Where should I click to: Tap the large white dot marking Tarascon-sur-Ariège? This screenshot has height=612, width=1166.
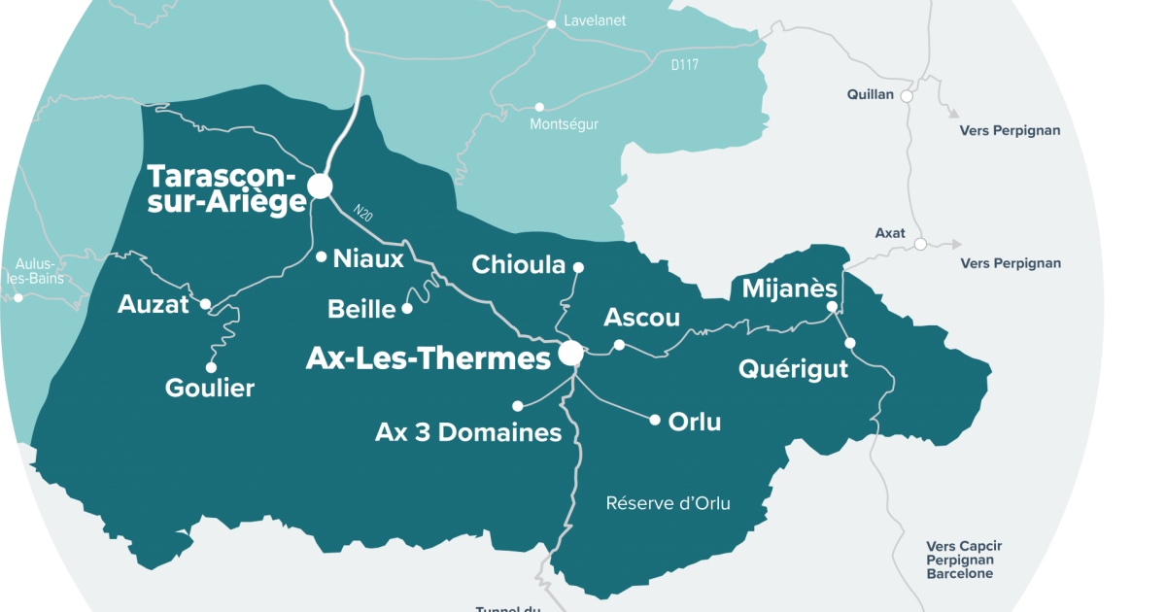[x=320, y=186]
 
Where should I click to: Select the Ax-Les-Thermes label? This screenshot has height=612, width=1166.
[x=428, y=358]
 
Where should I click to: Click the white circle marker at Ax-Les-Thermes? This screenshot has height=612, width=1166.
[x=570, y=354]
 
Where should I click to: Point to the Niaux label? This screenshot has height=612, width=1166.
[x=368, y=258]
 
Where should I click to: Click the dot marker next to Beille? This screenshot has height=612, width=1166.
[x=407, y=309]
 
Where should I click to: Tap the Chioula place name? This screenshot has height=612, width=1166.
[x=518, y=264]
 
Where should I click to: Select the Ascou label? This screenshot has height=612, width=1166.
[x=642, y=318]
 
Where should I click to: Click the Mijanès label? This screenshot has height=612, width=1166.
[x=789, y=289]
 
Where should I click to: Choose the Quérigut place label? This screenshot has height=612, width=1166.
[x=793, y=369]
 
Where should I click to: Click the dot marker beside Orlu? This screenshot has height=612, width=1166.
[x=655, y=421]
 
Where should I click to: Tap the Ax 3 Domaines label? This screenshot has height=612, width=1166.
[x=468, y=432]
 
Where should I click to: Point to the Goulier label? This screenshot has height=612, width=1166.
[x=210, y=389]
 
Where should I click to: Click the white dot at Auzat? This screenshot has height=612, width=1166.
[x=206, y=304]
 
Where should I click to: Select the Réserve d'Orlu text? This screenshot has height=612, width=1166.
[x=668, y=503]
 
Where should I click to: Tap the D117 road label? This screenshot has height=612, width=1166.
[x=685, y=65]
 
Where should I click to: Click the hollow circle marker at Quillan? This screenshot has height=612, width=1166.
[x=907, y=96]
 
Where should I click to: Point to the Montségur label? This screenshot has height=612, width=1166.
[x=564, y=124]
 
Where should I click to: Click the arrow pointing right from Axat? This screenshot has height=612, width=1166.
[x=956, y=245]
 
